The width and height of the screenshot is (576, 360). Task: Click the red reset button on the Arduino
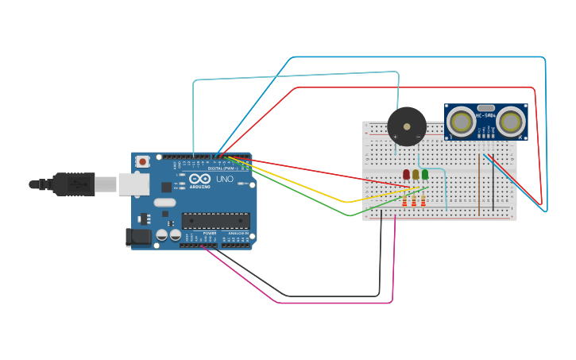pos(142,161)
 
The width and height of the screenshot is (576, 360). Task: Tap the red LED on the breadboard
pos(406,174)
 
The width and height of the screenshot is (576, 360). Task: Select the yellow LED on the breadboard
pos(416,174)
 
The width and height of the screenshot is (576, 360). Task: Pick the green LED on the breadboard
pos(425,174)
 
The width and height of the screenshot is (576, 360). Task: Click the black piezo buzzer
pos(407,126)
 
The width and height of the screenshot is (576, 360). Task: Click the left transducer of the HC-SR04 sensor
pos(461,122)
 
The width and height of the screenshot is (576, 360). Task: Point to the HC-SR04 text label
pos(485,116)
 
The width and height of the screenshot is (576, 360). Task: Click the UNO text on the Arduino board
pos(225,179)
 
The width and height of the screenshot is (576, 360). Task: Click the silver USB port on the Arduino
pos(133,184)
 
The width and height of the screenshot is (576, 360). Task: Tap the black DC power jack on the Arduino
pos(139,237)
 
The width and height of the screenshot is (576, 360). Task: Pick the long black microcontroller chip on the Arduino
pos(215,221)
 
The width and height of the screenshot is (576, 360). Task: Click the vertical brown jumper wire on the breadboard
pos(479,183)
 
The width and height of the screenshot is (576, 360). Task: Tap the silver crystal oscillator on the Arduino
pos(164,202)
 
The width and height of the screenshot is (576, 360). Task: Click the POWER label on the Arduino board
pos(209,233)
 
